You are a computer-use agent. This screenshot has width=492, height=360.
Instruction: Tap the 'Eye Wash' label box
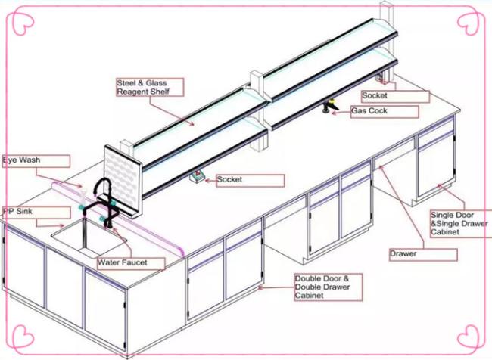(36, 161)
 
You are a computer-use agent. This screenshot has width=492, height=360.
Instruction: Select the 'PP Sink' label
(36, 213)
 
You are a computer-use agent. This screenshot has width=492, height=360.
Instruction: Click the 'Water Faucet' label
(131, 263)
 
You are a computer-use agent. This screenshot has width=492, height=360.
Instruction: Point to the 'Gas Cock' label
(385, 112)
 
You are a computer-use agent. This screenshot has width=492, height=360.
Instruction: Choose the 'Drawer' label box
(423, 255)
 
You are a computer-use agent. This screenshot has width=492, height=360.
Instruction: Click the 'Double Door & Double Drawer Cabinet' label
(329, 287)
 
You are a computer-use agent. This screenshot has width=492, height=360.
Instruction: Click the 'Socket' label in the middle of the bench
(251, 181)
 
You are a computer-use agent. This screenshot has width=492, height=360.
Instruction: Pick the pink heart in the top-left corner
(24, 23)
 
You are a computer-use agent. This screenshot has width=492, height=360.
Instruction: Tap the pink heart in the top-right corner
(468, 23)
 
